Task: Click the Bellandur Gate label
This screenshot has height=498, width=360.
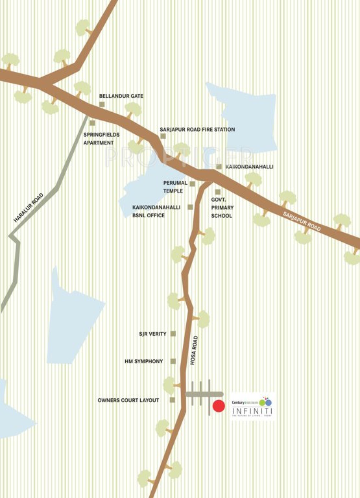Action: tap(121, 96)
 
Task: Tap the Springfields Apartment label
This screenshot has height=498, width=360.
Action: tap(99, 138)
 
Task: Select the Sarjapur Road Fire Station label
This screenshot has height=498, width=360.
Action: tap(197, 130)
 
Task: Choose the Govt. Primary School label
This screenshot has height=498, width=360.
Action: tap(221, 207)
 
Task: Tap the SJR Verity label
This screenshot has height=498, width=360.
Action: tap(152, 334)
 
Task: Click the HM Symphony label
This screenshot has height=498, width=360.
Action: tap(143, 361)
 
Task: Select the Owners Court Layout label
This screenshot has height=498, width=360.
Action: tap(128, 400)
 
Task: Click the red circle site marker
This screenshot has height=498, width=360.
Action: tap(219, 407)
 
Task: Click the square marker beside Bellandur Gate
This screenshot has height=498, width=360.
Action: tap(102, 104)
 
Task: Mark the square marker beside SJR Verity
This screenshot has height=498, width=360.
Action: tap(173, 334)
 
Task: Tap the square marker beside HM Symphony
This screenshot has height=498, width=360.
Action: tap(173, 361)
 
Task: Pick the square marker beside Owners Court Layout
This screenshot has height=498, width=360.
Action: tap(172, 400)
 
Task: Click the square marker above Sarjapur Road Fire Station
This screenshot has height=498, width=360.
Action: tap(163, 136)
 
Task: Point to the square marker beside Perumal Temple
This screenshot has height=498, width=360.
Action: tap(192, 184)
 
